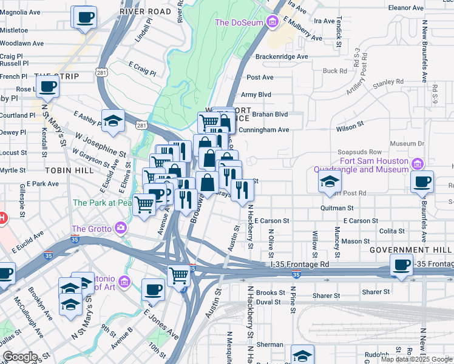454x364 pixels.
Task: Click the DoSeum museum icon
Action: coord(272,22)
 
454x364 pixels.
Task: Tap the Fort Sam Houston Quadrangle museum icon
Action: coord(417,164)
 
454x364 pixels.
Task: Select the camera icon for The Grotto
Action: coord(121,228)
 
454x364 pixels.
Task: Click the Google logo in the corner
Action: coord(20,357)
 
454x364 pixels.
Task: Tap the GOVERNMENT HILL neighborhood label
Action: coord(410,250)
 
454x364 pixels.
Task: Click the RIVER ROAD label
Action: coord(145,12)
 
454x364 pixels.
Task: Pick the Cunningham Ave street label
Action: coord(263,130)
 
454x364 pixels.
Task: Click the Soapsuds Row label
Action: coord(359,152)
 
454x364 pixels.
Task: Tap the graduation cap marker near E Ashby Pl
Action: coord(113,121)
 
